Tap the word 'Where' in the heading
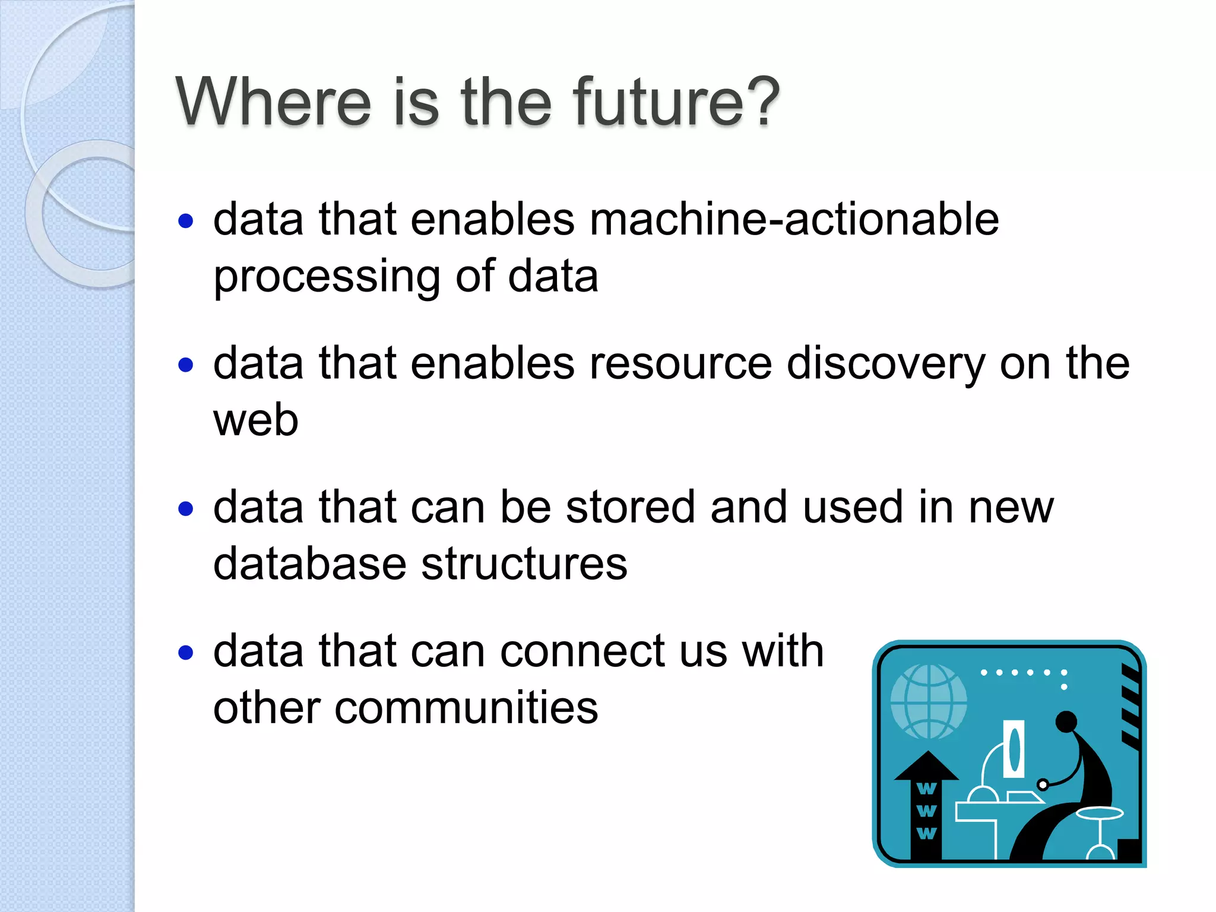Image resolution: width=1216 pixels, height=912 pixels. pos(274,102)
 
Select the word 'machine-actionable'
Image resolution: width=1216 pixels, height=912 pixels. pos(794,219)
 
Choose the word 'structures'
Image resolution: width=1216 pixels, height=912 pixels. pos(524,563)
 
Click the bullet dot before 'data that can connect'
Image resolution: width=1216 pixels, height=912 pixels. pos(186,653)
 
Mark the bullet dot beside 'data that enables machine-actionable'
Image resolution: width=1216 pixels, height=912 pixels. pos(186,221)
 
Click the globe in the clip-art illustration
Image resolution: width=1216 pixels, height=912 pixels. pos(929,701)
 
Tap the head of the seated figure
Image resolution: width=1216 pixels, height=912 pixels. pos(1066,721)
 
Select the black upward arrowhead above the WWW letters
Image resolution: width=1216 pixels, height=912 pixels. pos(926,766)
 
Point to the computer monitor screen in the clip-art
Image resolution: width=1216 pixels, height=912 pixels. pos(1014,749)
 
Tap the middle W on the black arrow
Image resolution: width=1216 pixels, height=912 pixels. pos(926,811)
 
